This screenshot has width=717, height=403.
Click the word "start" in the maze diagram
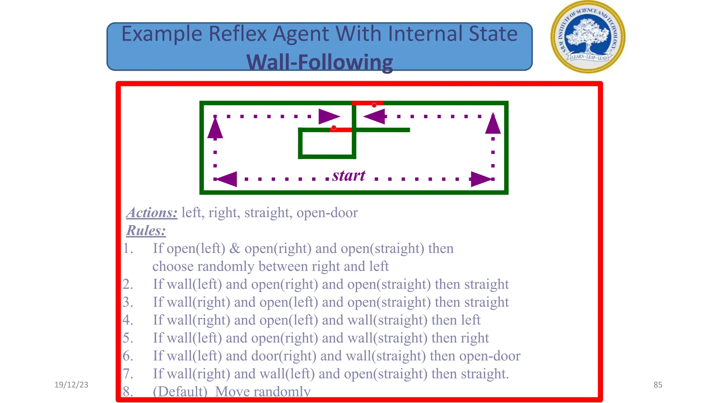(349, 176)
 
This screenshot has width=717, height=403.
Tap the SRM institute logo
(588, 37)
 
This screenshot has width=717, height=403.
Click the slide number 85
(658, 385)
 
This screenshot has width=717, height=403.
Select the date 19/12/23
(71, 385)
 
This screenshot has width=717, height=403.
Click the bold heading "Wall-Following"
(320, 62)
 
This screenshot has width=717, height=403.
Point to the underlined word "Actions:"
(152, 213)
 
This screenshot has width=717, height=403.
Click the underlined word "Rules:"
(146, 231)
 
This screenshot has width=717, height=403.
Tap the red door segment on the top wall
(367, 103)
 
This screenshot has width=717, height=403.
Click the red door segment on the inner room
(340, 130)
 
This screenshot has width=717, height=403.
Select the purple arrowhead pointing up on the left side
(215, 128)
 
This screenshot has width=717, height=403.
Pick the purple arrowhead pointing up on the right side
(493, 124)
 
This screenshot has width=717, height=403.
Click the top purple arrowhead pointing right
(328, 116)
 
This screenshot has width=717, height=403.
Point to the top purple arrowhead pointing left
(375, 116)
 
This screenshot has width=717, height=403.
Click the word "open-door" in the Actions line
(327, 213)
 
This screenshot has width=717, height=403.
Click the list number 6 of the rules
(127, 356)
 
